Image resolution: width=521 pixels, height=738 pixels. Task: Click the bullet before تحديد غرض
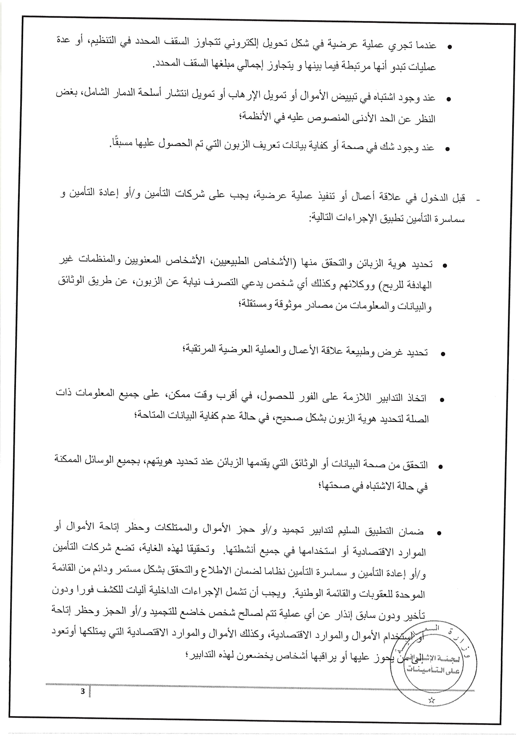pyautogui.click(x=442, y=354)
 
